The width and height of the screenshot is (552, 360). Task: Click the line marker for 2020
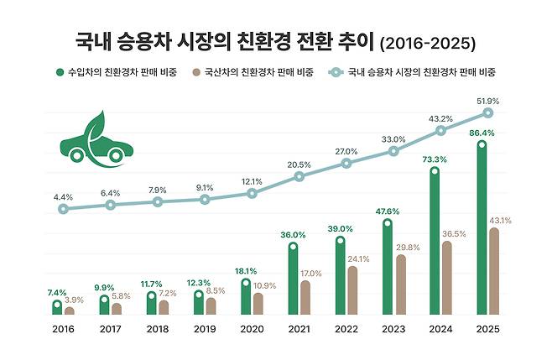tap(252, 193)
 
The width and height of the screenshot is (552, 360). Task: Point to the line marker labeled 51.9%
tap(487, 112)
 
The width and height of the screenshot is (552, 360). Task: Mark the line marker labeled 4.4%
tap(63, 208)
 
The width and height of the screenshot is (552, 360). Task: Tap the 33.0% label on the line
tap(393, 139)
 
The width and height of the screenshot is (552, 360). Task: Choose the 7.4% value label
tap(56, 291)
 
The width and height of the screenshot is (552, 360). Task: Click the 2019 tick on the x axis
tap(205, 330)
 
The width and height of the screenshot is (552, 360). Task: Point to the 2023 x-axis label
tap(393, 330)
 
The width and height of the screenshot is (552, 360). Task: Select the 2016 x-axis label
tap(64, 330)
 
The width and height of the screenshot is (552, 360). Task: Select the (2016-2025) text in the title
tap(427, 42)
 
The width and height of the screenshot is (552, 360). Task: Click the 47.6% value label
tap(387, 211)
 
